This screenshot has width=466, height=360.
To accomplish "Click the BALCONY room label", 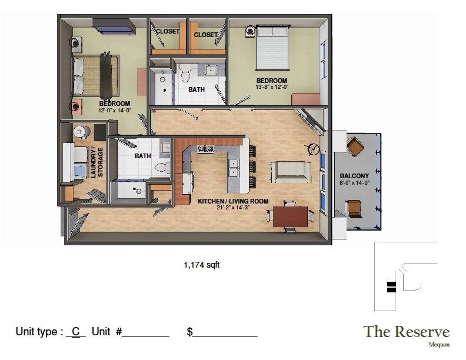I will (354, 176).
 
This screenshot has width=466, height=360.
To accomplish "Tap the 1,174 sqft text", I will (202, 265).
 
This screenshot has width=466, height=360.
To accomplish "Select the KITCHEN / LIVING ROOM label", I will (233, 201).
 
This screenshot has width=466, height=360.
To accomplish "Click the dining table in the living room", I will (290, 215).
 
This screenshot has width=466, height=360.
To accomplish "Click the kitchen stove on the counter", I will (205, 149).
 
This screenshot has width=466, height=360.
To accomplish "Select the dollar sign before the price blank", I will (190, 332).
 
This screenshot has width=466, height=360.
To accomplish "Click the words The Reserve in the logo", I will (407, 331).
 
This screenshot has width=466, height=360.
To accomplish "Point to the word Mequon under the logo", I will (438, 345).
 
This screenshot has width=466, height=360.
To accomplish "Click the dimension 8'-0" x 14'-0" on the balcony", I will (354, 183).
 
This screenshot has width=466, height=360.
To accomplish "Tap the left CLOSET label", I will (168, 31).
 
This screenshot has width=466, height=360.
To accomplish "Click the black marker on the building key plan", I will (391, 287).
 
